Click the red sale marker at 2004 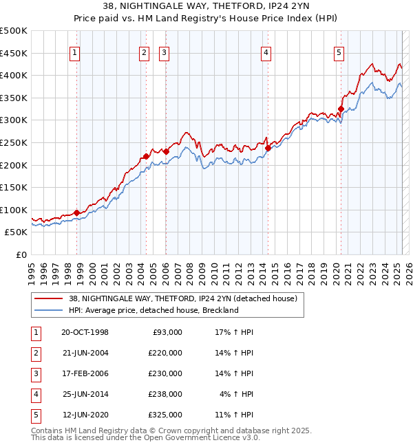147,157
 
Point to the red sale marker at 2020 341,109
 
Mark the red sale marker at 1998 76,213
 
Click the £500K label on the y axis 14,31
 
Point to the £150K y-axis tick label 14,187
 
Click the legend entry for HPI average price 152,310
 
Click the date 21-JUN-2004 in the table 85,352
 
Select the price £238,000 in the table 166,394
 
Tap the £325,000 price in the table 166,415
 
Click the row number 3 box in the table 34,373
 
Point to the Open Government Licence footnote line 146,437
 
